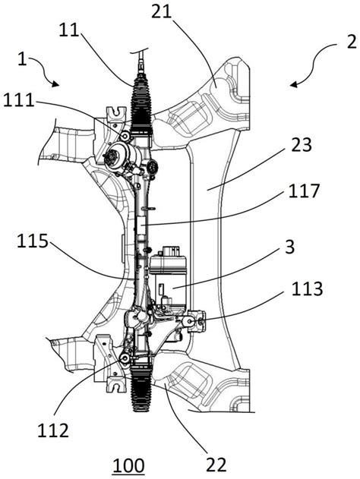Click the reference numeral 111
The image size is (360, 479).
(x=19, y=100)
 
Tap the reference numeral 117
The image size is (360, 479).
(x=304, y=191)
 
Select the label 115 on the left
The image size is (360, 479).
(x=33, y=241)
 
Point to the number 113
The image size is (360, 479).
(x=307, y=288)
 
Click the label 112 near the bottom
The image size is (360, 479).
(x=53, y=430)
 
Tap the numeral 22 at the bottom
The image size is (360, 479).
(x=216, y=465)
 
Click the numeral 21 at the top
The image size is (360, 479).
(x=162, y=12)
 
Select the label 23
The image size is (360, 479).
(x=302, y=145)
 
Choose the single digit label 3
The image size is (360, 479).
(x=289, y=247)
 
